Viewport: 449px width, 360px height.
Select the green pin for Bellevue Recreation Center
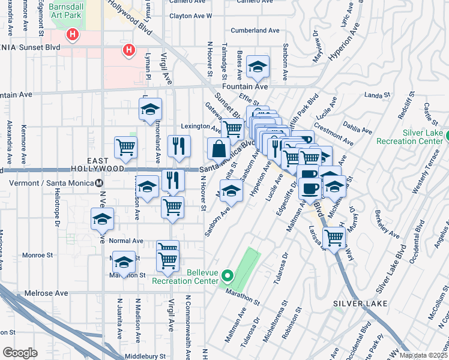tap(227, 276)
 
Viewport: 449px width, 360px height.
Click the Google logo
tap(20, 353)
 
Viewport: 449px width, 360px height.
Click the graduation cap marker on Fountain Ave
tap(258, 67)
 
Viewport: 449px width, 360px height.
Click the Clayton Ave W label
tap(191, 16)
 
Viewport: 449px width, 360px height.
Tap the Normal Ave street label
tap(127, 240)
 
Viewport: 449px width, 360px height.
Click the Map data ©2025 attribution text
tap(423, 355)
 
